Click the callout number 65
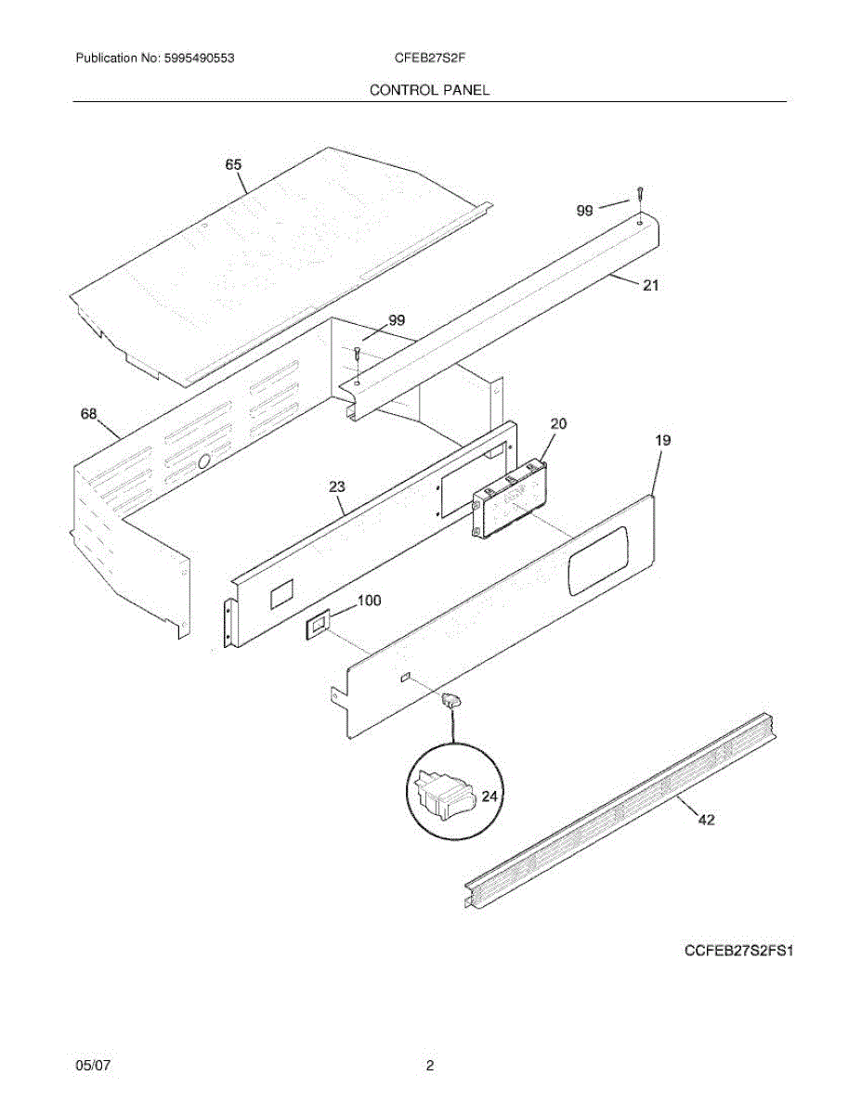tap(233, 164)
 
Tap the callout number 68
tap(89, 414)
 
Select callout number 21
tap(650, 286)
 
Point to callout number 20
tap(558, 423)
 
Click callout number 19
tap(662, 440)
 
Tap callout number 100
tap(369, 601)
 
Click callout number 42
tap(706, 820)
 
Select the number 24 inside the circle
tap(489, 797)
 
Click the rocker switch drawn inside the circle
tap(443, 795)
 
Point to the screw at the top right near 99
tap(640, 194)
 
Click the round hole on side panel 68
tap(205, 460)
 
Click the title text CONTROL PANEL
tap(429, 90)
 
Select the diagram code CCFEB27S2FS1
tap(740, 952)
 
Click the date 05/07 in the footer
tap(91, 1066)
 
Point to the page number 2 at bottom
tap(429, 1066)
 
